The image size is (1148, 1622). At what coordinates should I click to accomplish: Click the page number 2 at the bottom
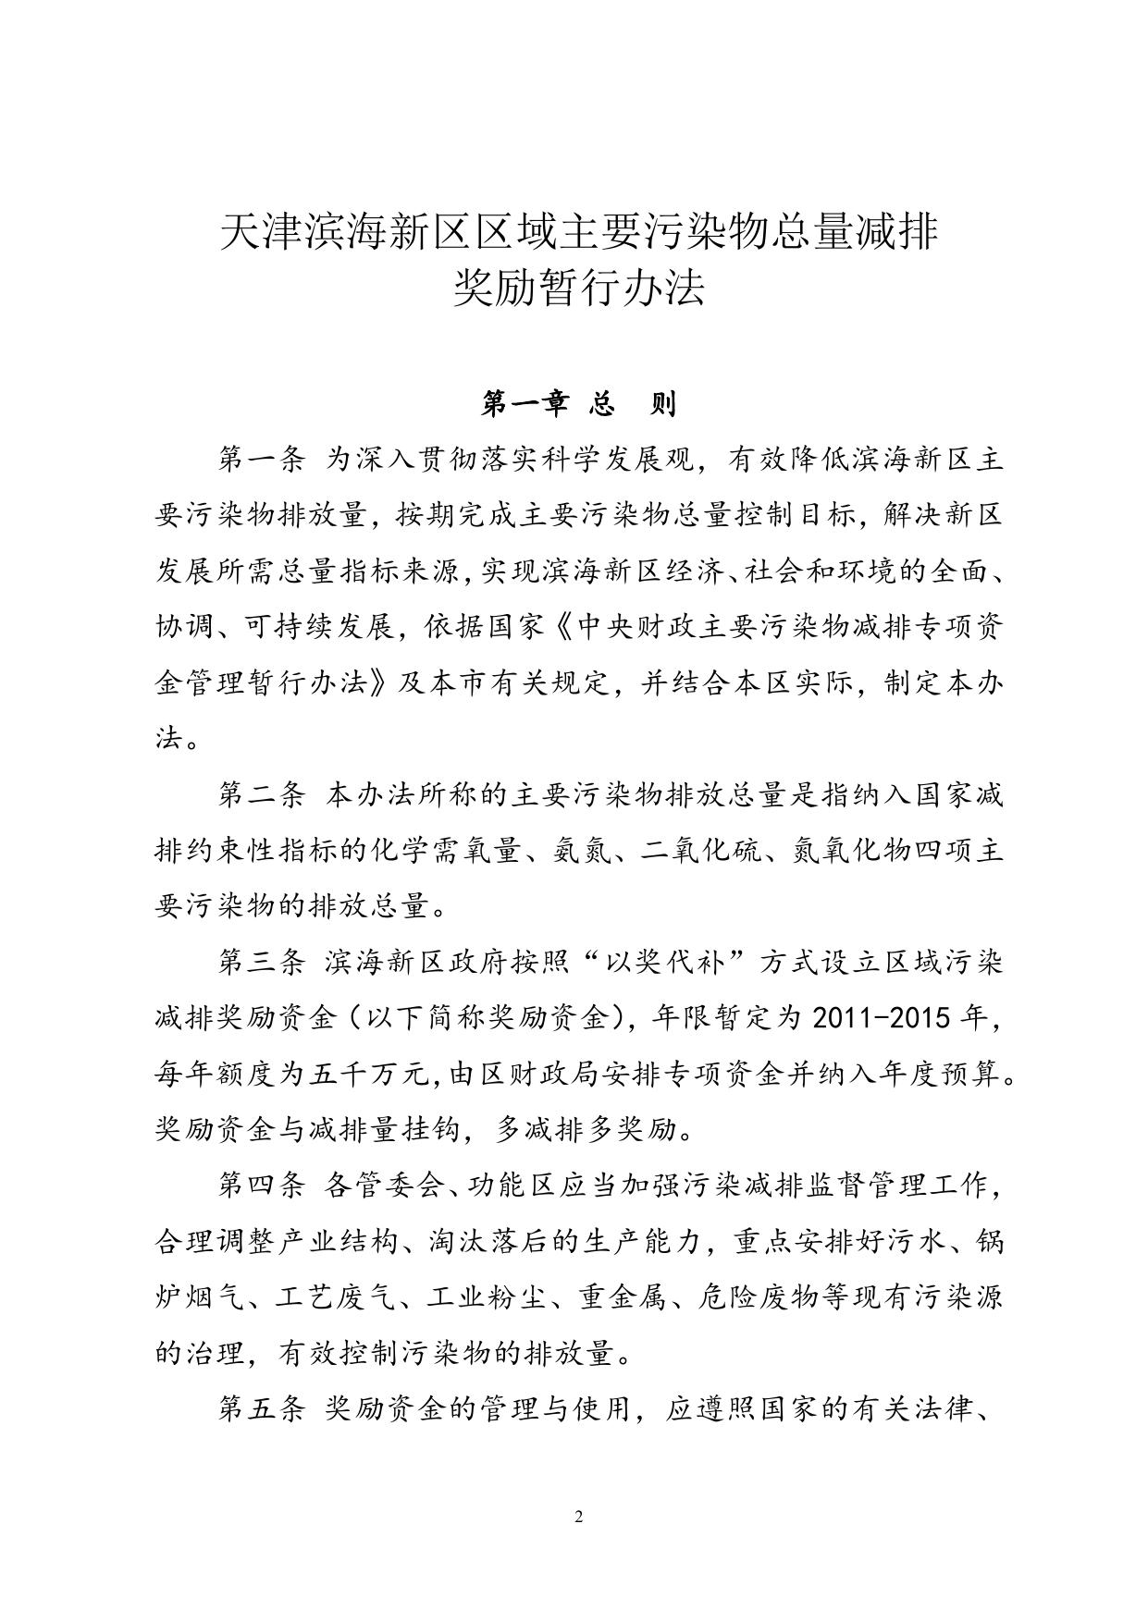pos(578,1517)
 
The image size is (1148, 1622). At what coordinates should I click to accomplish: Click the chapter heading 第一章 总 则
pos(578,403)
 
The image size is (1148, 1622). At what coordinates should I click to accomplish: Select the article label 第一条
pos(260,460)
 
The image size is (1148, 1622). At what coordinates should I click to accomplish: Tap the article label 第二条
pos(260,794)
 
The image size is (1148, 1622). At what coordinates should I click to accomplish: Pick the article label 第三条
pos(260,963)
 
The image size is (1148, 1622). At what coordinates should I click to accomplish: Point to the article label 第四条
pos(260,1186)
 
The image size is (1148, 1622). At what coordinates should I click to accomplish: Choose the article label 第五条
pos(260,1409)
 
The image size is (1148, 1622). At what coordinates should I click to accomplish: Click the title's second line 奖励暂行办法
pos(578,287)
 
